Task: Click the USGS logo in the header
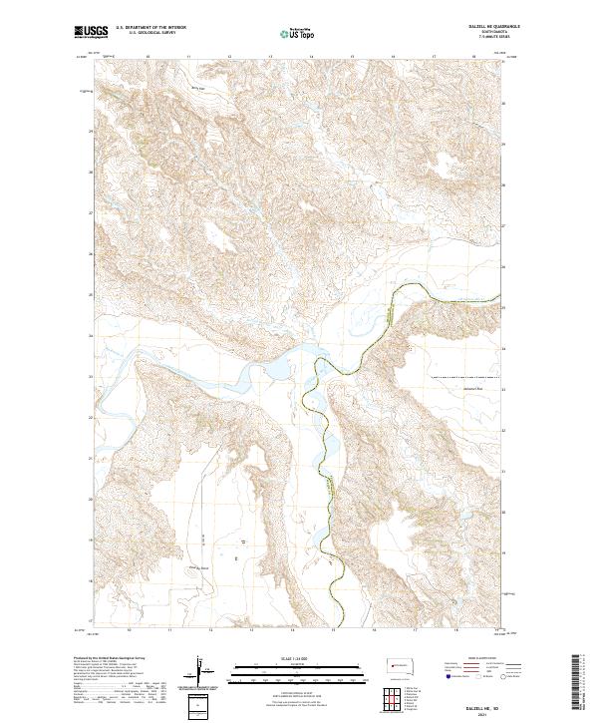(x=91, y=32)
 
